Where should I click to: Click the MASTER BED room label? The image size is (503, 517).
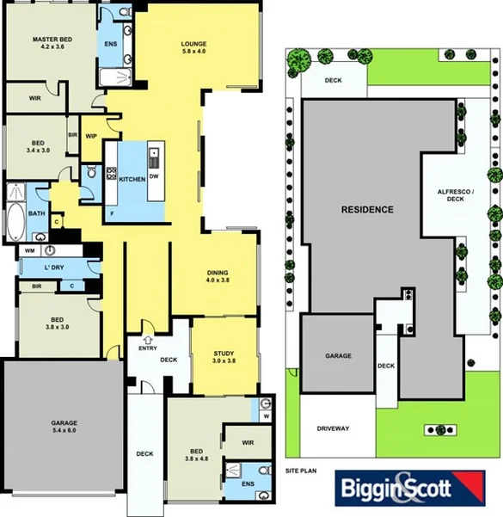click(51, 40)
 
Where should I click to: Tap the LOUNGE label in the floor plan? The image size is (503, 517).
click(194, 44)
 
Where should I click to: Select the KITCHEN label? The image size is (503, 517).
click(132, 179)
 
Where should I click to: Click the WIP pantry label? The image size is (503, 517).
click(90, 135)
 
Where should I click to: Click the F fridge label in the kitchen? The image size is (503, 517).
click(111, 212)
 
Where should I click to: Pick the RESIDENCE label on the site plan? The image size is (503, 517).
click(367, 209)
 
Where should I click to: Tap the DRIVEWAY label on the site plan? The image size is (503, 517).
click(332, 428)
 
